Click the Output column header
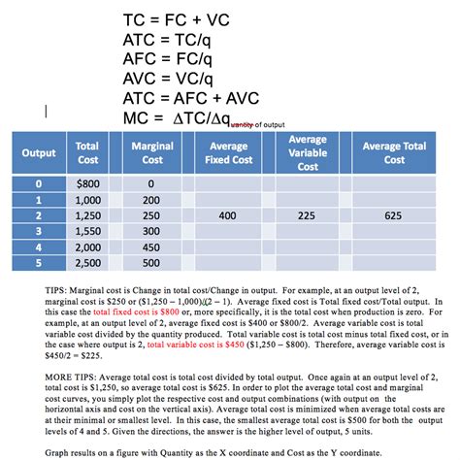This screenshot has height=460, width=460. click(x=39, y=152)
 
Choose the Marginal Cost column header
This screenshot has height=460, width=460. click(x=152, y=152)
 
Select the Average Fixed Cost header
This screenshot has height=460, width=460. click(x=229, y=152)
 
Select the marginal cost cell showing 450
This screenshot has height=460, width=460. click(x=150, y=247)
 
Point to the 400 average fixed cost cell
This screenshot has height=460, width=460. click(x=229, y=215)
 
